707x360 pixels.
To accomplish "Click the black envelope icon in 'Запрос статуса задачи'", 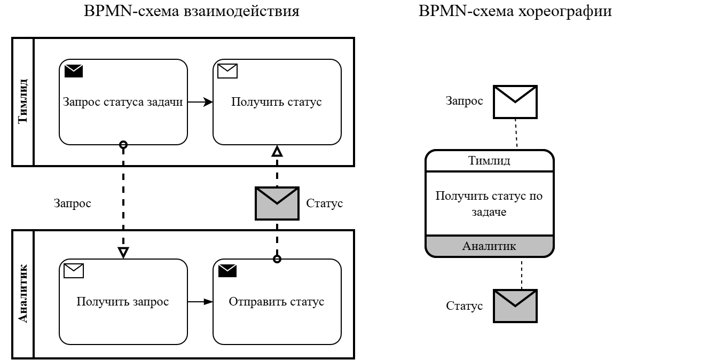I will pyautogui.click(x=74, y=71).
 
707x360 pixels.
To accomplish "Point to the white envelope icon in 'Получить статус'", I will pyautogui.click(x=227, y=71).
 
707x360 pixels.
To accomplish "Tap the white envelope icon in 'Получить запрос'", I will pyautogui.click(x=74, y=271).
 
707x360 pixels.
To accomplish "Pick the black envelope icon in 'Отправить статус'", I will pyautogui.click(x=227, y=271).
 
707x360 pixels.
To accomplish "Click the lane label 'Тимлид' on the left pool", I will pyautogui.click(x=23, y=101).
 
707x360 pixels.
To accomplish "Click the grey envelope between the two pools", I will pyautogui.click(x=277, y=203).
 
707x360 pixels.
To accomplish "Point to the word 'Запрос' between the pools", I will pyautogui.click(x=73, y=204).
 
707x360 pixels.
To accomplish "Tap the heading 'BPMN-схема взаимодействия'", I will pyautogui.click(x=192, y=12).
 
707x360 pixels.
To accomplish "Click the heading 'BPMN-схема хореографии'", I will pyautogui.click(x=515, y=12).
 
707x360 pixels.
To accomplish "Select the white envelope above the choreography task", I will pyautogui.click(x=515, y=101).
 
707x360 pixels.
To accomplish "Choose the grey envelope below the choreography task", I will pyautogui.click(x=515, y=306).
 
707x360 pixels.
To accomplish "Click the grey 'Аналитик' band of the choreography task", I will pyautogui.click(x=489, y=246).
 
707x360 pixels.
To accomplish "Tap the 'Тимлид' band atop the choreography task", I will pyautogui.click(x=489, y=161).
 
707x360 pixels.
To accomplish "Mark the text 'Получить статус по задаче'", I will pyautogui.click(x=489, y=204).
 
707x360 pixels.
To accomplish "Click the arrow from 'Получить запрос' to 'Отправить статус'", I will pyautogui.click(x=200, y=302).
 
